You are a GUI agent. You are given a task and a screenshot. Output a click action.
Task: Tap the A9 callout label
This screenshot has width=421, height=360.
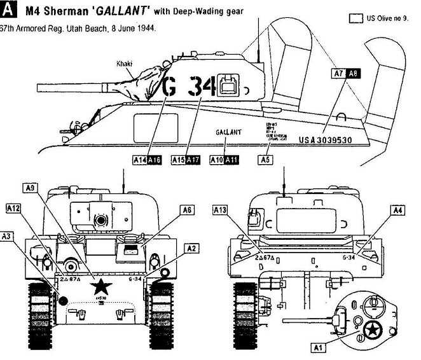[x=30, y=187]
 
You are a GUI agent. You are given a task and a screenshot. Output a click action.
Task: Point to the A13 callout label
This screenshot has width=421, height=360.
[x=219, y=209]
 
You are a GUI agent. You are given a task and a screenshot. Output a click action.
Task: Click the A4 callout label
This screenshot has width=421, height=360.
[x=397, y=209]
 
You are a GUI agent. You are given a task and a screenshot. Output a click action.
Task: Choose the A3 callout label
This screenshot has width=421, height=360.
[x=9, y=235]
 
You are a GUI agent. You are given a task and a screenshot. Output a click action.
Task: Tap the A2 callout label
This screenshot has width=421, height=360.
[x=192, y=248]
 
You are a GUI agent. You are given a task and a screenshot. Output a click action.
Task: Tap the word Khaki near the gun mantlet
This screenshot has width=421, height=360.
[x=125, y=64]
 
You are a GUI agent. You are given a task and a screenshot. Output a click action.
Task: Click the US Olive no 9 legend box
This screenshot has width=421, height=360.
[x=355, y=20]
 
